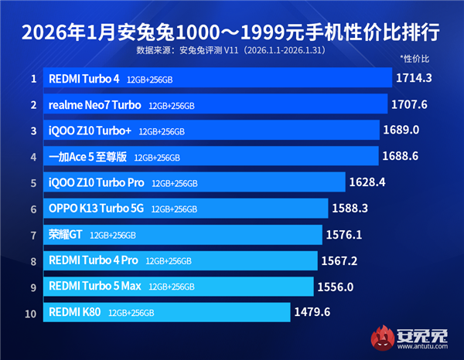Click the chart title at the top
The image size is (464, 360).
click(231, 32)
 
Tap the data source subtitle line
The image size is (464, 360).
click(231, 51)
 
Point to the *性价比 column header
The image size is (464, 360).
click(415, 58)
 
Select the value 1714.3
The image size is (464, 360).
click(412, 78)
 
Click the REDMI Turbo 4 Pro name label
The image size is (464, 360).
click(93, 261)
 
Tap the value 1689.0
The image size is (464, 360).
click(401, 130)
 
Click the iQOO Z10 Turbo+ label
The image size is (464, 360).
click(90, 131)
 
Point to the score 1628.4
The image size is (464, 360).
click(367, 182)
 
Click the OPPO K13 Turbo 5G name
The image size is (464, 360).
click(97, 209)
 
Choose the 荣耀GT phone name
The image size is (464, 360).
click(64, 235)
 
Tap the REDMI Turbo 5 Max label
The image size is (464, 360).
click(95, 287)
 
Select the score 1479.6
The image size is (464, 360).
click(312, 312)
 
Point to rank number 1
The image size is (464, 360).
click(33, 78)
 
